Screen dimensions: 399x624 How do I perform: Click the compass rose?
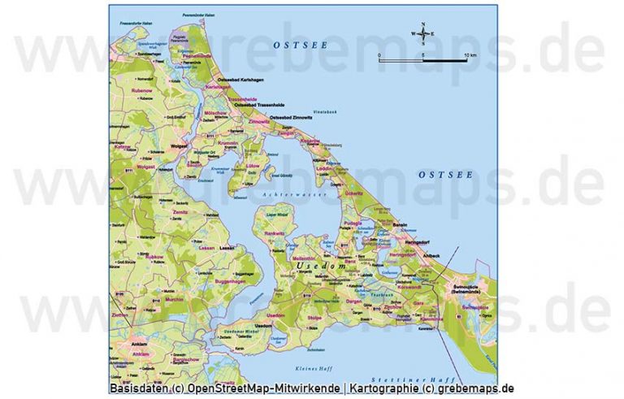tap(422, 33)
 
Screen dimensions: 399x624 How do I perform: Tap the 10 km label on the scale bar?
tap(470, 55)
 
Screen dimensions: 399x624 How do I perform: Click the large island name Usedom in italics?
tap(322, 266)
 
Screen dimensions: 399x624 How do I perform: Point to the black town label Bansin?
tap(399, 224)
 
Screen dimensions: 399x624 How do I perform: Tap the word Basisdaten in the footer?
tap(136, 388)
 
